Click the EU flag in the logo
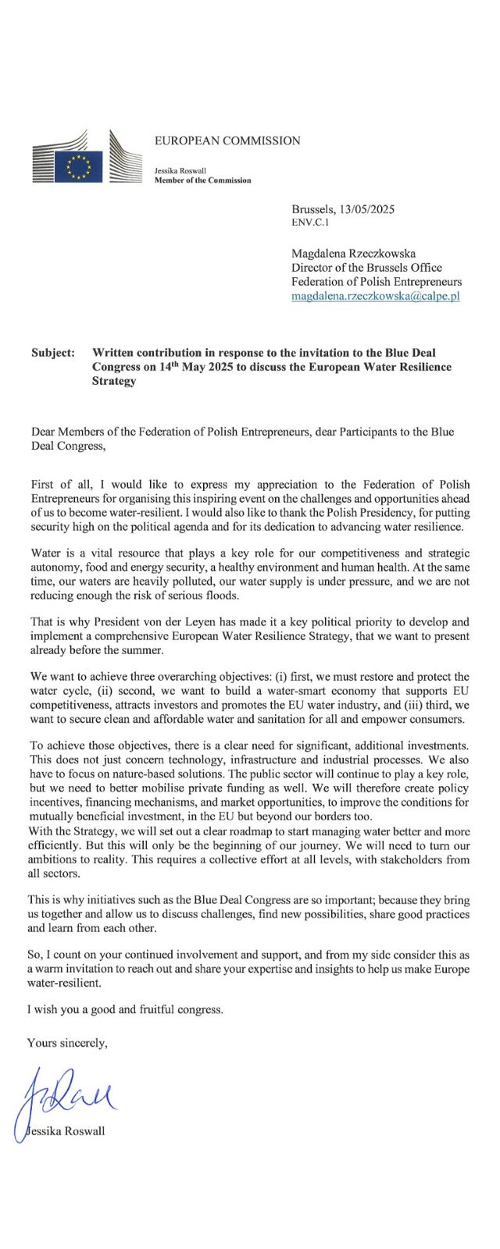[x=78, y=165]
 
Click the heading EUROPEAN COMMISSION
[x=227, y=141]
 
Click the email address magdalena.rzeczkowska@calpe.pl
[x=375, y=297]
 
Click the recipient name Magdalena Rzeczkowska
[x=353, y=254]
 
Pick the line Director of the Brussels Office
[x=366, y=268]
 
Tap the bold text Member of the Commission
[x=202, y=180]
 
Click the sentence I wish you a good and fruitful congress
[x=125, y=1009]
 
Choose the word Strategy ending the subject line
[x=114, y=381]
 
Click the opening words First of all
[x=58, y=485]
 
